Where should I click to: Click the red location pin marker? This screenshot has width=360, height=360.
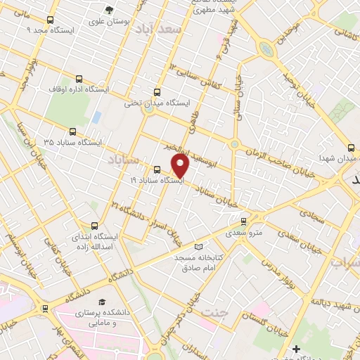[x=181, y=166]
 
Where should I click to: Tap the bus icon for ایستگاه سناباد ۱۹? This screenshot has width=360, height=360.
[x=157, y=169]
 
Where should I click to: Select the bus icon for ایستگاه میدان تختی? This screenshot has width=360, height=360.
[x=156, y=91]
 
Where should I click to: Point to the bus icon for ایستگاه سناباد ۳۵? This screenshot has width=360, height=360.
[x=72, y=131]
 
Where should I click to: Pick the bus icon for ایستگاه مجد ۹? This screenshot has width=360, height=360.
[x=48, y=20]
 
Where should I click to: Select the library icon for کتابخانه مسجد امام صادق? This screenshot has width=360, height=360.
[x=199, y=247]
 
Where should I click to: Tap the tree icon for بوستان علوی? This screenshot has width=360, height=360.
[x=108, y=9]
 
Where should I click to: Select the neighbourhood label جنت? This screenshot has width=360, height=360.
[x=212, y=310]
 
